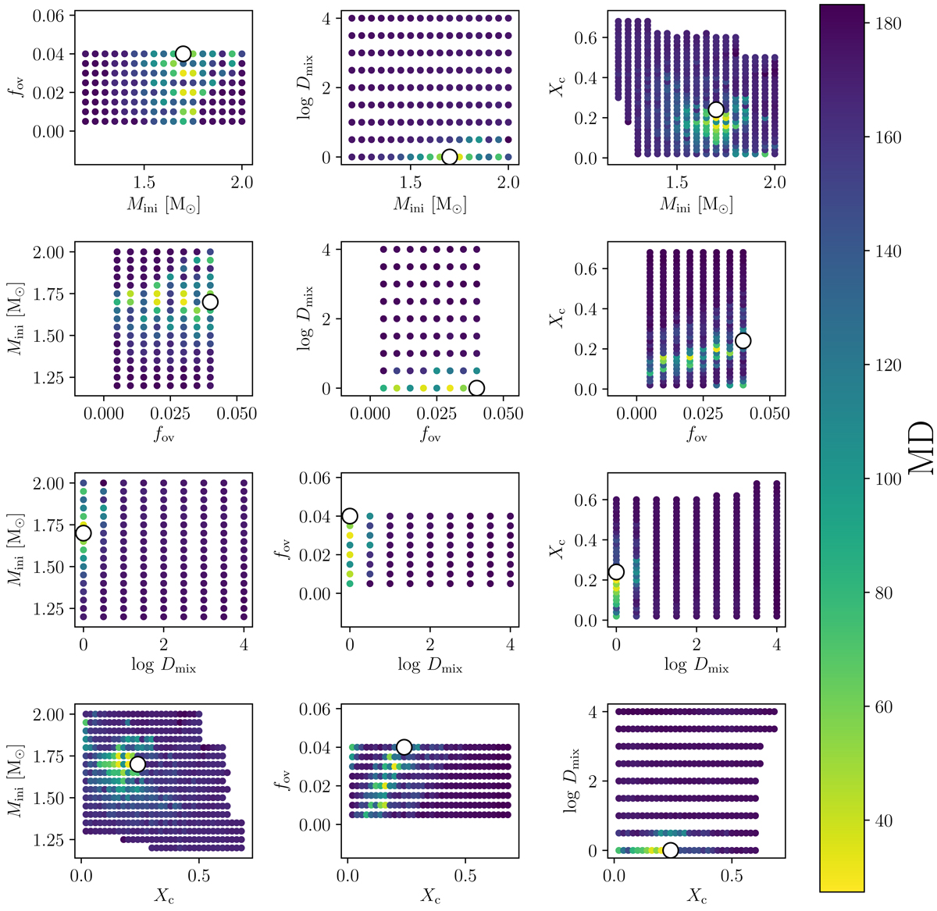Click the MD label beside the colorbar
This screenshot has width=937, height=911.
921,448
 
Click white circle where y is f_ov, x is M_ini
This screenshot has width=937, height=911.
183,54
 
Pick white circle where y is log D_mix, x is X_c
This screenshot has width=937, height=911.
670,850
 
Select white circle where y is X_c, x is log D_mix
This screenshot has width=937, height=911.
616,572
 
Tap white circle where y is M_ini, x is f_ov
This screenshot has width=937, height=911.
210,302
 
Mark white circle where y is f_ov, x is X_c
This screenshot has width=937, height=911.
404,747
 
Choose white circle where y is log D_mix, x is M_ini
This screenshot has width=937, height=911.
450,157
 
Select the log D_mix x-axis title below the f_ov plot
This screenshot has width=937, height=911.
430,666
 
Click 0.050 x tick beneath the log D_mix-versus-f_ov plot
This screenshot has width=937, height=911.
504,414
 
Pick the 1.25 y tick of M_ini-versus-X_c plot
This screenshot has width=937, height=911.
51,840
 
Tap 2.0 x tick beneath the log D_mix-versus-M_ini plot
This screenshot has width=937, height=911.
508,183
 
